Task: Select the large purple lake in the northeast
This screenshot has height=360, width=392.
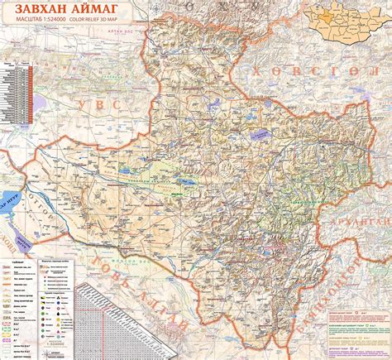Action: (265, 132)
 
